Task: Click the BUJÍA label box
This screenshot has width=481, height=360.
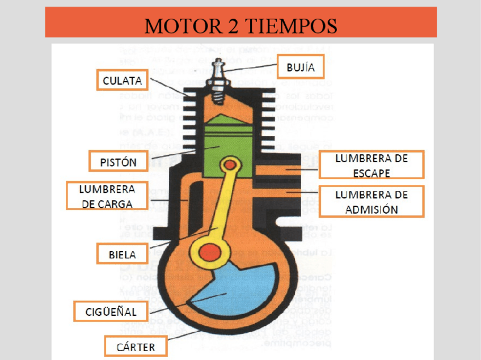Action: tap(301, 67)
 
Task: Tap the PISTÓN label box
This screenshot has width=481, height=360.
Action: tap(118, 162)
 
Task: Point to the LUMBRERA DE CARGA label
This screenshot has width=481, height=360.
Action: tap(108, 196)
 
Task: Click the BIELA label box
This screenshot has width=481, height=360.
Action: tap(123, 255)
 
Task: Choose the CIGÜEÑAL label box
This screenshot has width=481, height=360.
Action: tap(111, 311)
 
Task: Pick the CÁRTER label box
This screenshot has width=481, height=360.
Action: tap(136, 346)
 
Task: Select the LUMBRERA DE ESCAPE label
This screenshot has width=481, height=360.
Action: tap(372, 165)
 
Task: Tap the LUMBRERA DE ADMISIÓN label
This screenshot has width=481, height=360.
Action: tap(372, 201)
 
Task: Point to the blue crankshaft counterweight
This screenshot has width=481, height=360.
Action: tap(238, 289)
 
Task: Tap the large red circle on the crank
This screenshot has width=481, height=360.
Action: tap(210, 250)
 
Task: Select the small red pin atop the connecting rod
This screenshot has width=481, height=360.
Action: tap(230, 164)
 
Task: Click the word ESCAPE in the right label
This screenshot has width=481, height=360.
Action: tap(372, 173)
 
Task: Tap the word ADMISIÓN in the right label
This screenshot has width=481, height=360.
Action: tap(372, 209)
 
